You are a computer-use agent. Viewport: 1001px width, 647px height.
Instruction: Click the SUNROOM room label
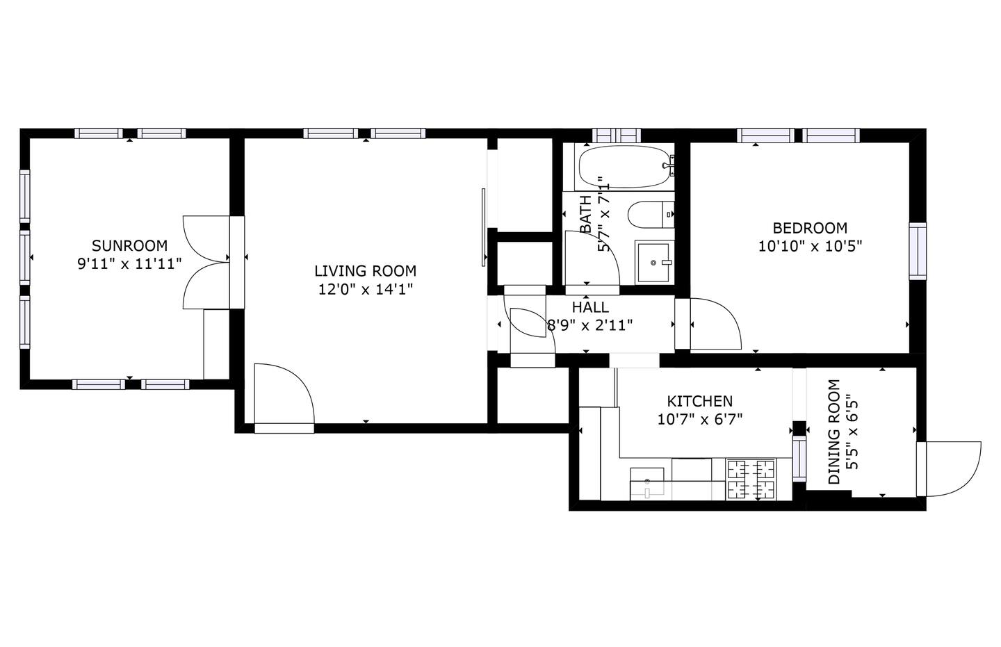coord(129,246)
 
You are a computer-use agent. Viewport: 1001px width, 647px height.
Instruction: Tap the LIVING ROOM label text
coord(365,271)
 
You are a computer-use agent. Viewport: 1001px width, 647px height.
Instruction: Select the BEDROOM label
coord(810,229)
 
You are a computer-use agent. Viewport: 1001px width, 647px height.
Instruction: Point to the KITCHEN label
coord(700,401)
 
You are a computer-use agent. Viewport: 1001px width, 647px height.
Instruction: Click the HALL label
coord(590,307)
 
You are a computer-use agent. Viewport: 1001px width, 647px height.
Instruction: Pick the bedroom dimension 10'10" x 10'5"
coord(810,246)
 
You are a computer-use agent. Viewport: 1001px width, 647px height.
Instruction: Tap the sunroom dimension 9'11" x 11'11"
coord(129,263)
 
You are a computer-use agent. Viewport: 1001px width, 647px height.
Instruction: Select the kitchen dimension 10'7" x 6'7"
coord(700,420)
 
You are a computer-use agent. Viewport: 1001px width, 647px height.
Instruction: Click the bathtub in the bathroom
coord(625,167)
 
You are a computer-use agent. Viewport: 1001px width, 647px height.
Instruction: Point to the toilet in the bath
coord(651,215)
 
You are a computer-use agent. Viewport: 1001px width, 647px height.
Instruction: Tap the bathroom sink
coord(653,262)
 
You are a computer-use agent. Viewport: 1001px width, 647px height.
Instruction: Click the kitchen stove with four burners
coord(751,480)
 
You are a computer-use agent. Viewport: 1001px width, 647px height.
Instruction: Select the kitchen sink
coord(647,484)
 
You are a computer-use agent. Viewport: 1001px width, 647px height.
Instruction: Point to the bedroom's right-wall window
coord(918,251)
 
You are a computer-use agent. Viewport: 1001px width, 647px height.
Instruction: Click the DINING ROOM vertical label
coord(843,432)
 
